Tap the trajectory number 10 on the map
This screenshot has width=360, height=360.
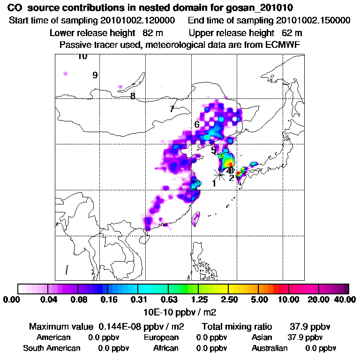pos(82,57)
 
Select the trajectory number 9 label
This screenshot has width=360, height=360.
pos(95,75)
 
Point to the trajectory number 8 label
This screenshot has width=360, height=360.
pos(133,96)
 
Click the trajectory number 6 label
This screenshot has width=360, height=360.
pos(197,124)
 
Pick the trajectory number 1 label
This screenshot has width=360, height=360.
pos(214,183)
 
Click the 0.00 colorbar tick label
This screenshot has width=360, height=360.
pos(13,300)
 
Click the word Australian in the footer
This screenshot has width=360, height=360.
pos(270,348)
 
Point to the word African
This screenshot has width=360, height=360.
pos(165,348)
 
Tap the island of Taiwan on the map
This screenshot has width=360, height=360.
pos(197,217)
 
